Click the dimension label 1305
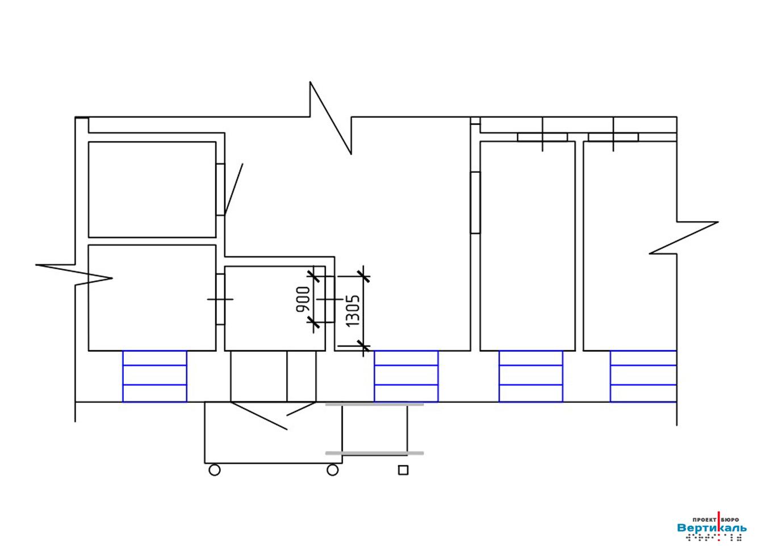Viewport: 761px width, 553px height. [x=353, y=311]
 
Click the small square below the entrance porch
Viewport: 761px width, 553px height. [x=403, y=470]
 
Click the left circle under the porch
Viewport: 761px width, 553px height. [x=214, y=470]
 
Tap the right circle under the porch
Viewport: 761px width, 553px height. [x=332, y=470]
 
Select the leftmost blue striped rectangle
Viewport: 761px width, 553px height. [x=154, y=376]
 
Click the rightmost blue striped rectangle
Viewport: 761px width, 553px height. [x=643, y=376]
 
